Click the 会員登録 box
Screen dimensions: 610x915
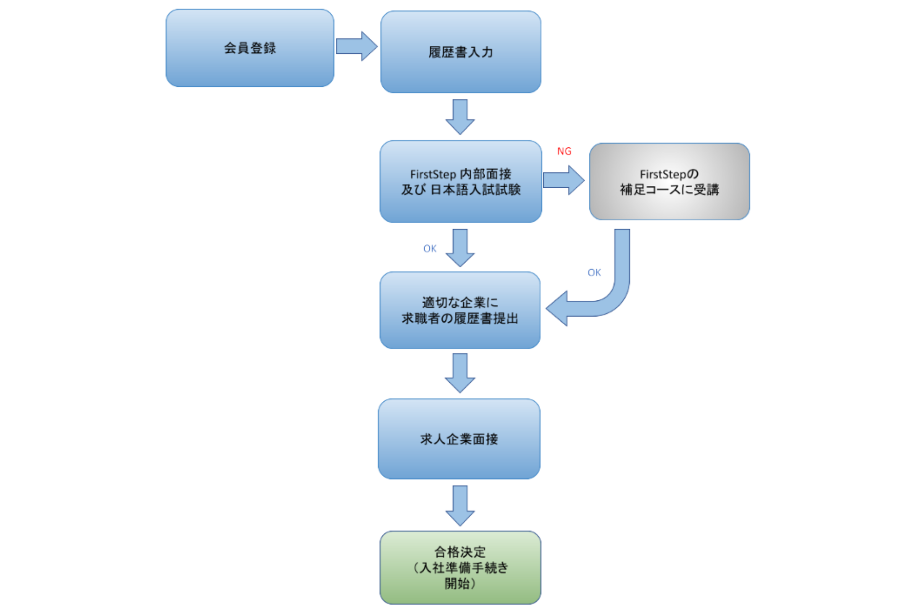(x=250, y=48)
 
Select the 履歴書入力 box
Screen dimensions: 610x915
(x=460, y=52)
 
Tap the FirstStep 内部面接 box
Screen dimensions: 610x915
(x=460, y=181)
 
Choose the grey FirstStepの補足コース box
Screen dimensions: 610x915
(x=669, y=182)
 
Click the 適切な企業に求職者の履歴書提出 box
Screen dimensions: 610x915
(x=460, y=310)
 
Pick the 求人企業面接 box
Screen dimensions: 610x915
(x=459, y=439)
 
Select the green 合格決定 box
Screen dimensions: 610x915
(x=460, y=568)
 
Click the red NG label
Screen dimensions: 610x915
(x=564, y=152)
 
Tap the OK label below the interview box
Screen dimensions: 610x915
(x=430, y=249)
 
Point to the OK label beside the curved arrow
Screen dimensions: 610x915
(x=594, y=273)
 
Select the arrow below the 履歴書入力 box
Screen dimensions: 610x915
(x=460, y=116)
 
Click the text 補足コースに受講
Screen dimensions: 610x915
(x=669, y=190)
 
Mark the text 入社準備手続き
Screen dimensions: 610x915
(x=464, y=568)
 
